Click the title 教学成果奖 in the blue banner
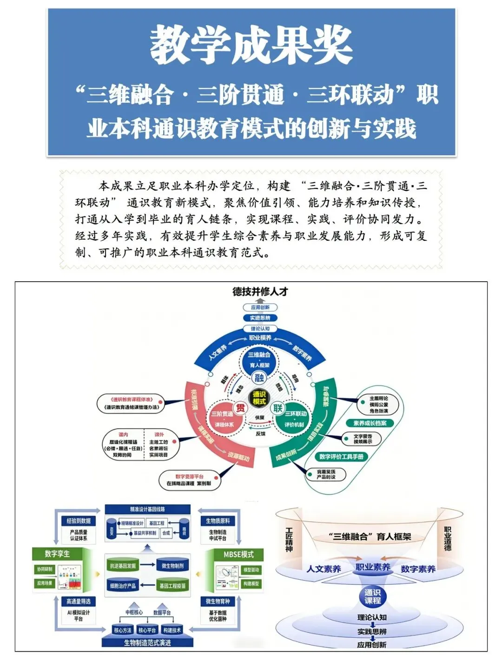[x=251, y=45]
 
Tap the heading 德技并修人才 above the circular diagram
[x=260, y=291]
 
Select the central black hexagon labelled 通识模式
[x=259, y=398]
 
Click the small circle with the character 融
[x=259, y=378]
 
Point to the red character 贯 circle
[x=240, y=408]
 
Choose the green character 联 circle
[x=278, y=408]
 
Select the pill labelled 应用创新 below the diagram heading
[x=260, y=307]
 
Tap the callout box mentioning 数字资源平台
[x=189, y=480]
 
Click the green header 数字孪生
[x=57, y=554]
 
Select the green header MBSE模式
[x=238, y=554]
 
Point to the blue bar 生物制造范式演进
[x=147, y=642]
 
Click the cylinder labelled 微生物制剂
[x=172, y=566]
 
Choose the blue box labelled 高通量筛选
[x=78, y=601]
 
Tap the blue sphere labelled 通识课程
[x=372, y=596]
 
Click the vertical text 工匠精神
[x=289, y=539]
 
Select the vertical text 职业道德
[x=448, y=538]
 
